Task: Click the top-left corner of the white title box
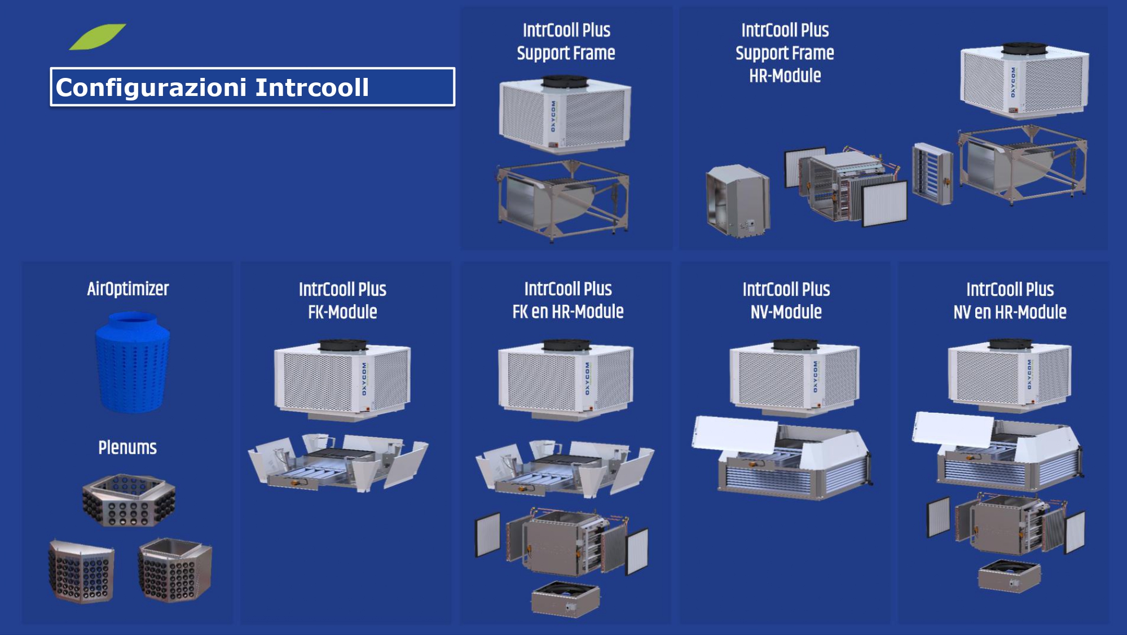tap(51, 68)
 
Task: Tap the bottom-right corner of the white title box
tap(455, 106)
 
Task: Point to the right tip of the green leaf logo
tap(126, 24)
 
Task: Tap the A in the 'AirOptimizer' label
tap(91, 289)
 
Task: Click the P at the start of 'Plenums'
tap(102, 448)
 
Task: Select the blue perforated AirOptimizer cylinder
tap(133, 362)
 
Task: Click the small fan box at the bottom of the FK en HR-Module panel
tap(566, 599)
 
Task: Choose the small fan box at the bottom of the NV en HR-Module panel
tap(1009, 576)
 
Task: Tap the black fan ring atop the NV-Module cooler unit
tap(795, 344)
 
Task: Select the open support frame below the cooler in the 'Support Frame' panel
tap(563, 200)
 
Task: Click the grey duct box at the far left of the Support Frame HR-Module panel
tap(738, 200)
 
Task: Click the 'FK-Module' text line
tap(342, 312)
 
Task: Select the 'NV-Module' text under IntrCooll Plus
tap(786, 312)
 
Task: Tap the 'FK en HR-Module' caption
tap(568, 312)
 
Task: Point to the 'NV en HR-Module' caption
tap(1010, 312)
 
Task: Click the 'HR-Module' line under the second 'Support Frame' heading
tap(785, 76)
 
